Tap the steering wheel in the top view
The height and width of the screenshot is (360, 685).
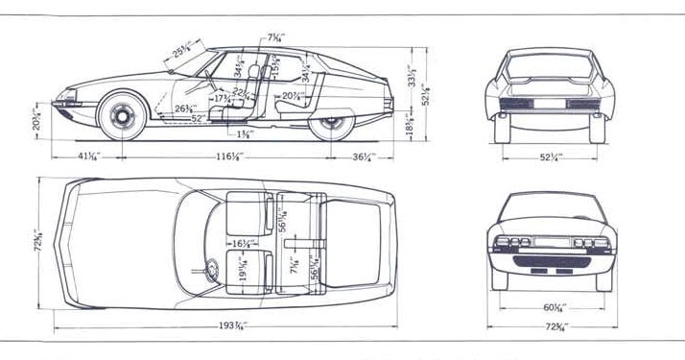[x=208, y=270]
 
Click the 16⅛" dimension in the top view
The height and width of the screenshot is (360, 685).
[x=243, y=245]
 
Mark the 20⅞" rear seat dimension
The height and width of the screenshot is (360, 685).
[x=294, y=95]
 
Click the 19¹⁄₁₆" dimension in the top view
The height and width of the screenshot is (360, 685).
[x=243, y=275]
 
